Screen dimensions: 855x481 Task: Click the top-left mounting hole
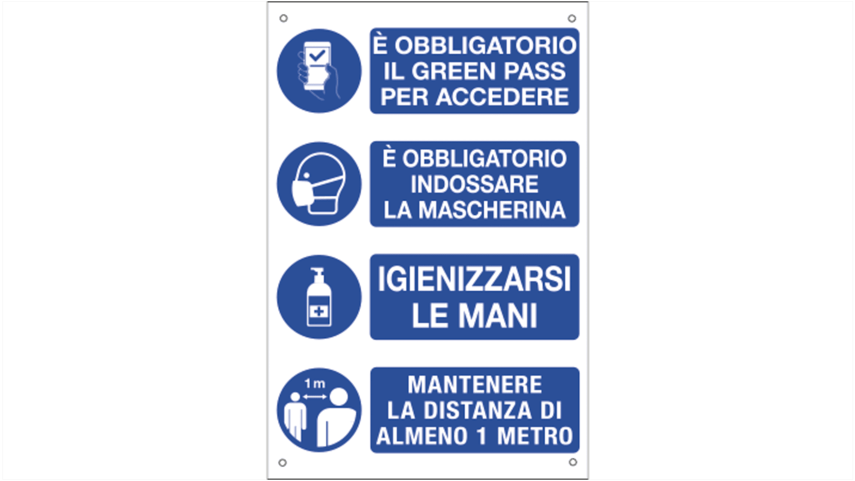point(284,18)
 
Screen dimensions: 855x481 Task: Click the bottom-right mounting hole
point(573,462)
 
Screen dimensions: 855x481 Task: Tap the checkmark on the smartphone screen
point(317,55)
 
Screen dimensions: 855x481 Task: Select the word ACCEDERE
point(502,96)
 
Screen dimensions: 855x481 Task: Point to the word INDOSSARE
point(474,184)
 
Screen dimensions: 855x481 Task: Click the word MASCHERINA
point(492,210)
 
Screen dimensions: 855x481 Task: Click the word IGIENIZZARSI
point(474,279)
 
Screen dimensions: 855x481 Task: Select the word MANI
point(498,316)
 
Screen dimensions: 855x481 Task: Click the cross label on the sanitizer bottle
point(319,312)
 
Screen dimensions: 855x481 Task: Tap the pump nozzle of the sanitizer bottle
point(317,272)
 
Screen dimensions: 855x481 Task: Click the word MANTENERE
point(475,385)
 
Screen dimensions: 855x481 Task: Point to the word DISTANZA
point(477,410)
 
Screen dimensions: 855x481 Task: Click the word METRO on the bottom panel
point(535,436)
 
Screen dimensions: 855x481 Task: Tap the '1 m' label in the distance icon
point(314,383)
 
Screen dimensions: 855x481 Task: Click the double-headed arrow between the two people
point(315,397)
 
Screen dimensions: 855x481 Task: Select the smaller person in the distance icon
point(295,416)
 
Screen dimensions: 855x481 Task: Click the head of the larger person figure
point(339,397)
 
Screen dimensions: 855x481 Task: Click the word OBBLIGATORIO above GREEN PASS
point(485,46)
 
